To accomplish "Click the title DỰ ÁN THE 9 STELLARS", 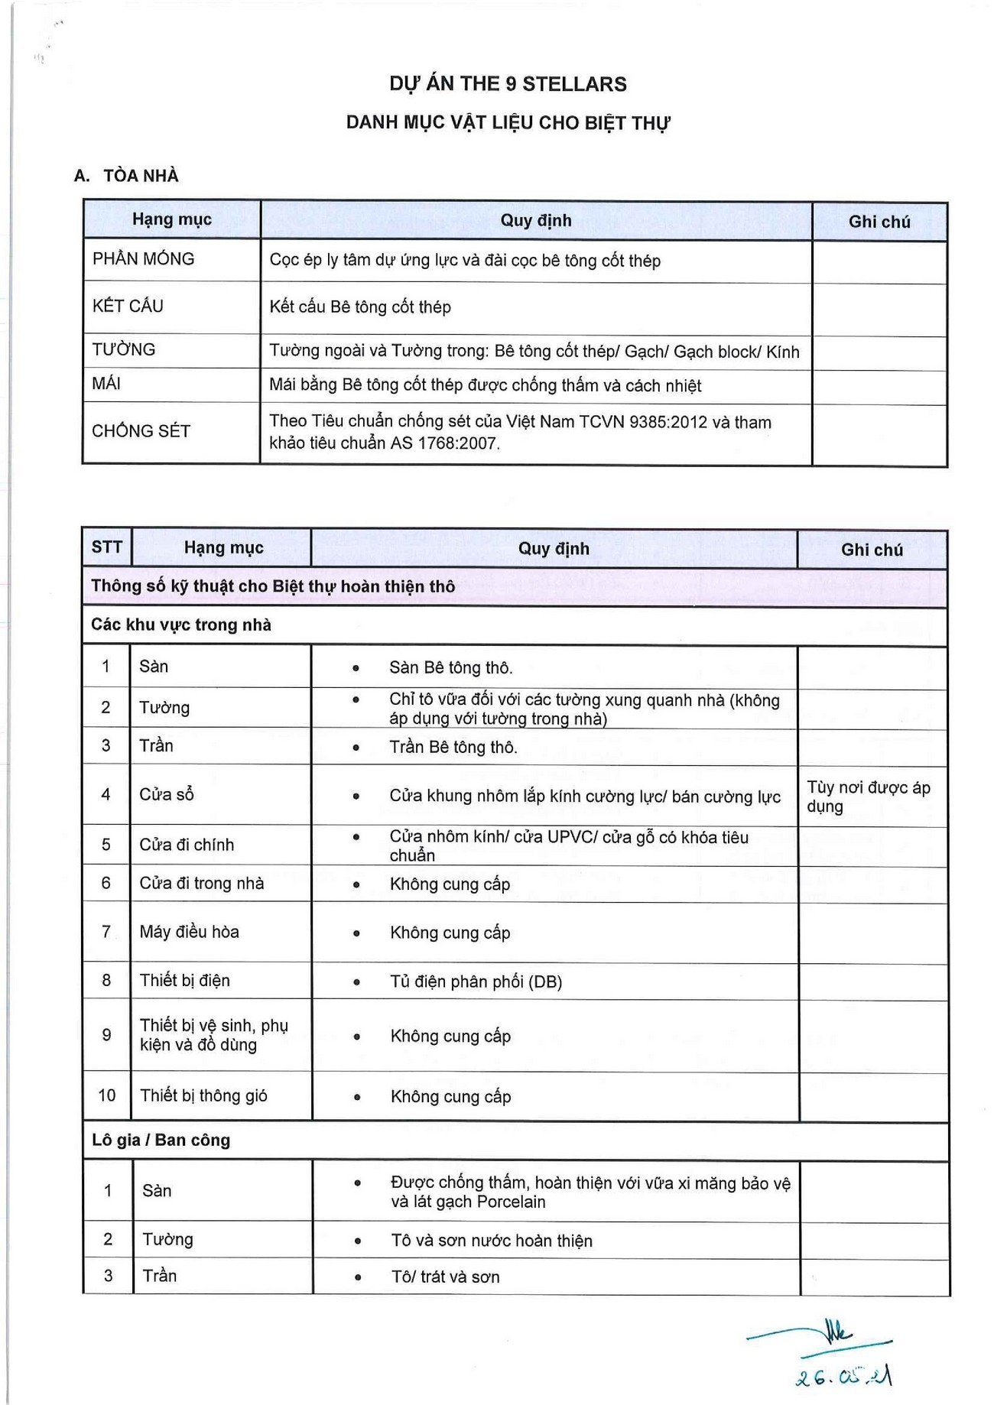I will click(508, 84).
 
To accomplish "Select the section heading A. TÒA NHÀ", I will click(127, 176).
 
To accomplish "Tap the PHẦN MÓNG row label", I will click(143, 259).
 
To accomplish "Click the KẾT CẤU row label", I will click(128, 307).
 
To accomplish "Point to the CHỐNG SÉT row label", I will click(141, 431).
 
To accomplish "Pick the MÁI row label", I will click(106, 384).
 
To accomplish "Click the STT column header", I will click(106, 547).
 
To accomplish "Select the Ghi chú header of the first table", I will click(879, 222).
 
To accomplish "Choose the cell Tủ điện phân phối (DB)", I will click(476, 982).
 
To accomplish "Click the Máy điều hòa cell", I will click(189, 932).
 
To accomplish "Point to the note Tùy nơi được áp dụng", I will click(868, 797).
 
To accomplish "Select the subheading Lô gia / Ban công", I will click(161, 1141).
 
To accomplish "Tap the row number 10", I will click(106, 1095).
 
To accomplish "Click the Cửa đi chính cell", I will click(187, 845).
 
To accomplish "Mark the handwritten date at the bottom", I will click(843, 1377).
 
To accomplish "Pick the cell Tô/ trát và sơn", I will click(445, 1277).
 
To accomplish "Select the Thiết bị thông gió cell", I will click(203, 1095).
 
